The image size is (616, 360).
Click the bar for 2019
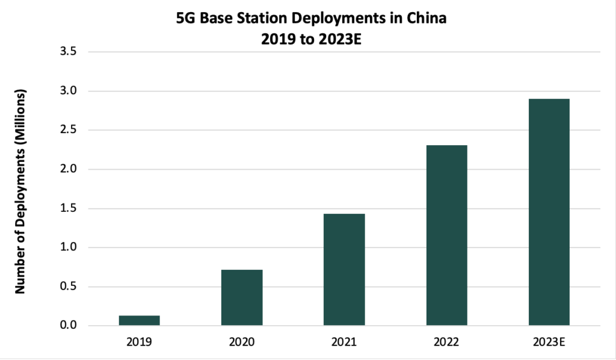pos(139,320)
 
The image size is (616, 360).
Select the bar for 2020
pos(242,297)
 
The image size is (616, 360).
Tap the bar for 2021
pos(344,270)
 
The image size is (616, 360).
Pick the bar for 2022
pos(446,235)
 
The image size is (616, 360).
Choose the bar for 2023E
pos(549,212)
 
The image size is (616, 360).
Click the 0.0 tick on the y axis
pos(69,326)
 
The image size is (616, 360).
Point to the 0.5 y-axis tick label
pos(69,287)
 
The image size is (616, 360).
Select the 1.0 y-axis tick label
pos(69,247)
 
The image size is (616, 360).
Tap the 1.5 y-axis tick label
pos(69,208)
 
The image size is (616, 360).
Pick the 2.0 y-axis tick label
pos(69,169)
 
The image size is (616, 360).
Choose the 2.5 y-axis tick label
pos(69,130)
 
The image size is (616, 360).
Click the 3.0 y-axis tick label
pos(69,91)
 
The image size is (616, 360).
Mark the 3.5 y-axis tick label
pos(69,52)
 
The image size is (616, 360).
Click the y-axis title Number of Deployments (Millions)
pos(20,191)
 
